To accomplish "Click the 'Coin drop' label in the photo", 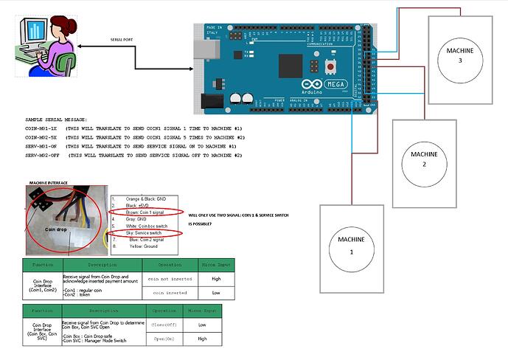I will pos(58,229).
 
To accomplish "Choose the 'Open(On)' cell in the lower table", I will pos(164,338).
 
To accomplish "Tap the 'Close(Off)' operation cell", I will pos(164,323).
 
